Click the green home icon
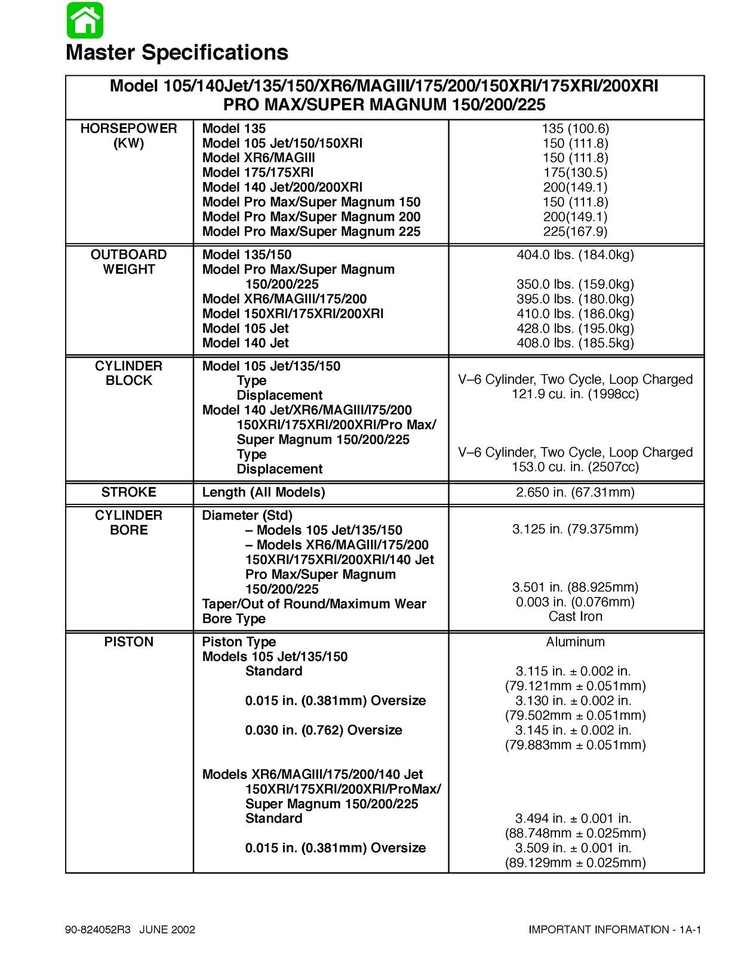coord(85,20)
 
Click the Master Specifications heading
coord(177,53)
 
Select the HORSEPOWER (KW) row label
coord(129,136)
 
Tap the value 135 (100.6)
coord(575,128)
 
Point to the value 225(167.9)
coord(575,232)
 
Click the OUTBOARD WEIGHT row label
coord(129,262)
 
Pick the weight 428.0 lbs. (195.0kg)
coord(575,328)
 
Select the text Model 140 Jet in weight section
coord(245,343)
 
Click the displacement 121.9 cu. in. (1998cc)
coord(575,394)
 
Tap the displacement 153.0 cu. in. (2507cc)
coord(575,467)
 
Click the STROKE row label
coord(129,492)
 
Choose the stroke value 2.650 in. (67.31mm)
coord(575,492)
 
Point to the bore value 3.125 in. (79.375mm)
coord(575,529)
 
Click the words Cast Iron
coord(575,617)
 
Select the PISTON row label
coord(129,642)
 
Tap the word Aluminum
coord(575,642)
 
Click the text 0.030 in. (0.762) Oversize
coord(324,730)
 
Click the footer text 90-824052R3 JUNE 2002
coord(130,930)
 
